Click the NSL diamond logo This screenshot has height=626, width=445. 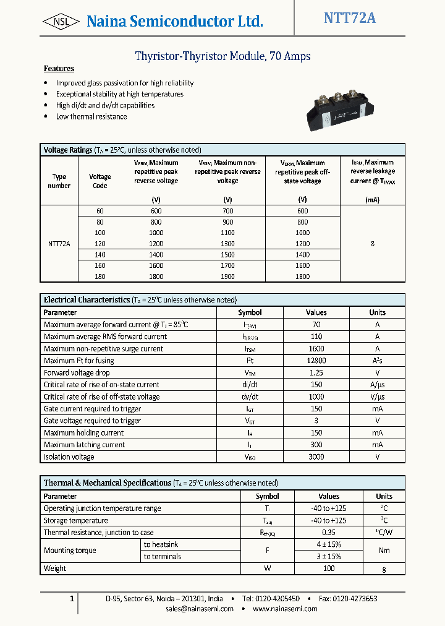(x=61, y=22)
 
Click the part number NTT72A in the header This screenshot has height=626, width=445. (x=349, y=18)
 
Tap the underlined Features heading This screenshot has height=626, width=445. (x=59, y=69)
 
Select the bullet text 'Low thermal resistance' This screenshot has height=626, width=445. (x=91, y=116)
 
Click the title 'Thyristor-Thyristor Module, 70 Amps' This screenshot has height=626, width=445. (x=222, y=56)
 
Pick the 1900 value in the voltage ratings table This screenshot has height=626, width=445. (x=227, y=277)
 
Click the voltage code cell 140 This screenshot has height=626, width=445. (x=100, y=255)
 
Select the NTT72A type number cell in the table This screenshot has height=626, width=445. (x=59, y=244)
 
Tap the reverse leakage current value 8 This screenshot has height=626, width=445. (x=372, y=244)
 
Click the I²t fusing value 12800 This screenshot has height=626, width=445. (x=316, y=361)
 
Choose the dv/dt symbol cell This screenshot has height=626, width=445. (x=250, y=397)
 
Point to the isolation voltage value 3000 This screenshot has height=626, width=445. (x=316, y=457)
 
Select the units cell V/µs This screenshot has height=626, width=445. (x=377, y=397)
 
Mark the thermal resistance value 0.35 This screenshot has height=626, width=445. (x=329, y=533)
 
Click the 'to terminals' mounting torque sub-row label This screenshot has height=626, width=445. (x=162, y=557)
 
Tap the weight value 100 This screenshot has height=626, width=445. (x=329, y=568)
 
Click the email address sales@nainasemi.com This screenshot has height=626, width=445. (x=200, y=609)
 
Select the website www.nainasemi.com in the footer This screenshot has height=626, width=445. (x=285, y=609)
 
